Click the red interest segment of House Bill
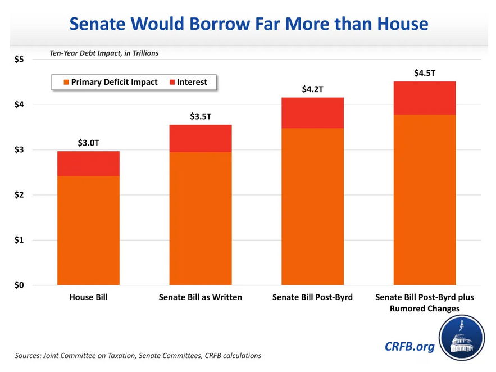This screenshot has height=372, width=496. coord(88,164)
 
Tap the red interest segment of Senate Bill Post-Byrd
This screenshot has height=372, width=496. coord(312,113)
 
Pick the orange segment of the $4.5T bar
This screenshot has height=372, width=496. coord(424,199)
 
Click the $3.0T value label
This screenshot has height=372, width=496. coord(88,143)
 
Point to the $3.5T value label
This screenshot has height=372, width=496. coord(201,116)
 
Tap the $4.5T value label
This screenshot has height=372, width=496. coord(424,72)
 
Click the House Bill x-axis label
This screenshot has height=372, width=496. coord(88,297)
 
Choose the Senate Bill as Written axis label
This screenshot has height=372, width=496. coord(201,297)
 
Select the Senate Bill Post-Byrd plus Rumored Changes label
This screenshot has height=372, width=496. coord(424,302)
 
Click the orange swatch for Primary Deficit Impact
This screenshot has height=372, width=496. coord(65,82)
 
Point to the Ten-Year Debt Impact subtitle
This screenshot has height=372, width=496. coord(104,53)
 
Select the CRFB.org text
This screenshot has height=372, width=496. coord(409,346)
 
